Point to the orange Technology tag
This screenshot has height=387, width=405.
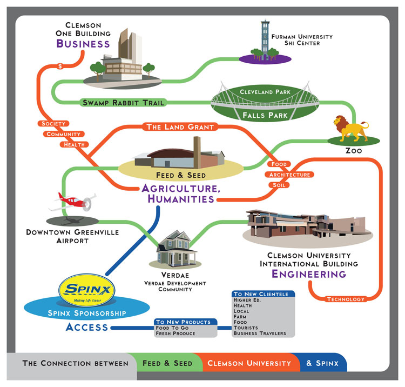[x=346, y=299]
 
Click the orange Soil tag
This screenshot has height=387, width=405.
[x=279, y=185]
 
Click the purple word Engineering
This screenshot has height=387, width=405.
[x=308, y=274]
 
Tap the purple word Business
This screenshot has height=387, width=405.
[x=84, y=43]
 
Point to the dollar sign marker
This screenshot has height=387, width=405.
[x=59, y=66]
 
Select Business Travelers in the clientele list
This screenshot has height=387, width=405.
[x=260, y=333]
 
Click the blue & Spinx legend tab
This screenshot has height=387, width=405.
[x=322, y=363]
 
